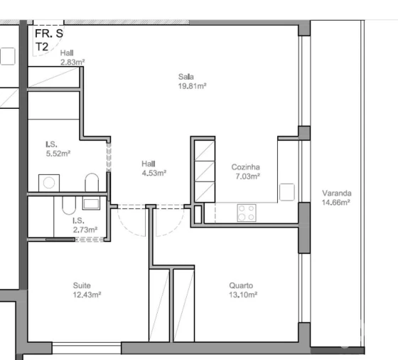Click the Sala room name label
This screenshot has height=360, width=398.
187,78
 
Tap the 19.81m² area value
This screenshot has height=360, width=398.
192,86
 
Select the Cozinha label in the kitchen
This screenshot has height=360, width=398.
245,167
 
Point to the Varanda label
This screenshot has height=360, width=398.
337,193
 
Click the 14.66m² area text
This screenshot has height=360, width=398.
337,202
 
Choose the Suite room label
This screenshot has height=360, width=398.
82,286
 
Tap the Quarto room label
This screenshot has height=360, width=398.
241,286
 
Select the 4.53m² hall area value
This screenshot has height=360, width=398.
153,172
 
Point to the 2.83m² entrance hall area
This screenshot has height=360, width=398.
72,62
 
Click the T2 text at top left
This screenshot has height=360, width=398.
43,46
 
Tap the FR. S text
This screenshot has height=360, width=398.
49,33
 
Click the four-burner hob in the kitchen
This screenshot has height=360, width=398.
247,212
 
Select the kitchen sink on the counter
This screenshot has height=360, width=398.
286,191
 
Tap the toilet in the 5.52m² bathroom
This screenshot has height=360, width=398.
91,184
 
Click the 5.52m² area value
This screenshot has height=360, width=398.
58,152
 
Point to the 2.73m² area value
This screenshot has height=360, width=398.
85,229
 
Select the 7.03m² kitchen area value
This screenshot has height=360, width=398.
246,176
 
